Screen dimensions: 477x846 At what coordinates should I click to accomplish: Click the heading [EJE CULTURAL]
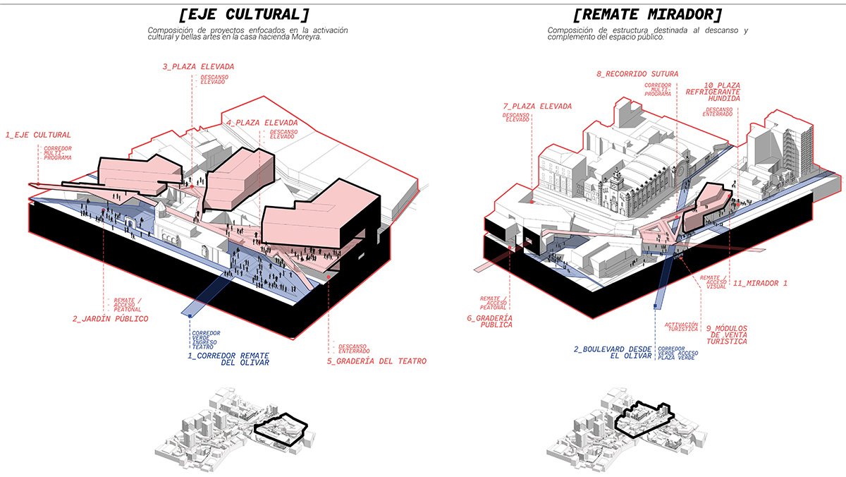pyautogui.click(x=244, y=15)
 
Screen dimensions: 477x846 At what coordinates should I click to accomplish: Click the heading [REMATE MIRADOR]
pyautogui.click(x=648, y=15)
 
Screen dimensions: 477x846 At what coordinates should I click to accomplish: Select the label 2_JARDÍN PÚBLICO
pyautogui.click(x=110, y=319)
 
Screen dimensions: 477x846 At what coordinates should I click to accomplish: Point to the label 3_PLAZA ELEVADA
pyautogui.click(x=198, y=66)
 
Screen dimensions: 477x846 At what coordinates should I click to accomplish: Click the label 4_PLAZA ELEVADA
pyautogui.click(x=257, y=122)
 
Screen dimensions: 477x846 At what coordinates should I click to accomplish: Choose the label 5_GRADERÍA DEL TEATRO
pyautogui.click(x=376, y=361)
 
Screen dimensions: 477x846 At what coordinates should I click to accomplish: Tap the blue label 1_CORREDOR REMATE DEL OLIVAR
pyautogui.click(x=228, y=360)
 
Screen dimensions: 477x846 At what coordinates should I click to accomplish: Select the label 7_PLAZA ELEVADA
pyautogui.click(x=537, y=106)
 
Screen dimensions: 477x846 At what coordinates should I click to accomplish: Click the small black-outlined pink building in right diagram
pyautogui.click(x=705, y=208)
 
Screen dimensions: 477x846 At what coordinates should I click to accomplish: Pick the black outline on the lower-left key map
pyautogui.click(x=281, y=430)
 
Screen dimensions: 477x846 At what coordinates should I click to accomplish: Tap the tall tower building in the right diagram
pyautogui.click(x=792, y=145)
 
